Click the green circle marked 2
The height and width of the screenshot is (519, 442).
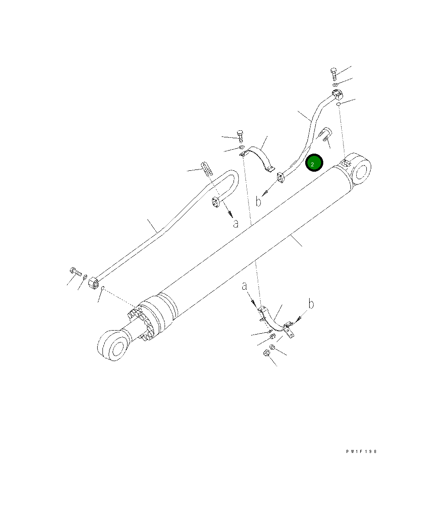[x=314, y=163]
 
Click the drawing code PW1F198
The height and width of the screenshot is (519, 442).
[x=362, y=452]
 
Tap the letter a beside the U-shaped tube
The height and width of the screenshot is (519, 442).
[x=236, y=224]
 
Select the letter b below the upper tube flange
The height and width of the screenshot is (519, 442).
[x=259, y=201]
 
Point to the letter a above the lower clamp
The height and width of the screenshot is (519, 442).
[x=244, y=286]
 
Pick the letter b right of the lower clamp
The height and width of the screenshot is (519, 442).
[x=311, y=304]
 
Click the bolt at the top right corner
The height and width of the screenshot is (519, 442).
[x=334, y=73]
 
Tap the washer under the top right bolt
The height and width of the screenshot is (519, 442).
[x=335, y=85]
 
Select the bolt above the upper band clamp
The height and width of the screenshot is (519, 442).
[x=240, y=136]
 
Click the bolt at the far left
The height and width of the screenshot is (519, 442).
[x=75, y=272]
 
